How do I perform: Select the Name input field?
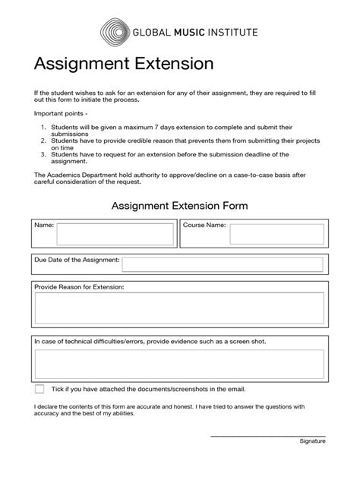click(x=115, y=235)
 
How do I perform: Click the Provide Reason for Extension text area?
click(x=179, y=309)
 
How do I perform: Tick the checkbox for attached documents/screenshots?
click(x=39, y=389)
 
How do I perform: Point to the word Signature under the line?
click(x=312, y=441)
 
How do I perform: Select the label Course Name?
click(x=204, y=226)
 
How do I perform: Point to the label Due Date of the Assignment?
click(x=77, y=260)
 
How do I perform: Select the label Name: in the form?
click(x=43, y=226)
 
